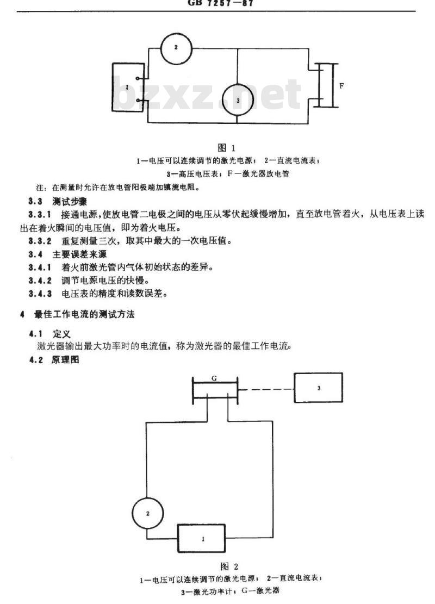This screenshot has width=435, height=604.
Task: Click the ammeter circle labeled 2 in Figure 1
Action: pos(176,48)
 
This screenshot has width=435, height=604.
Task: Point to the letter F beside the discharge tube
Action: pos(341,86)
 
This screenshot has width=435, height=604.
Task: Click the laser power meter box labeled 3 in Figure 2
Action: pos(319,388)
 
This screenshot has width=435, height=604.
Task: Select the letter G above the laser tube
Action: pos(215,376)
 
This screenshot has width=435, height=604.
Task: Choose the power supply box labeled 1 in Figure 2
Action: pos(203,539)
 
